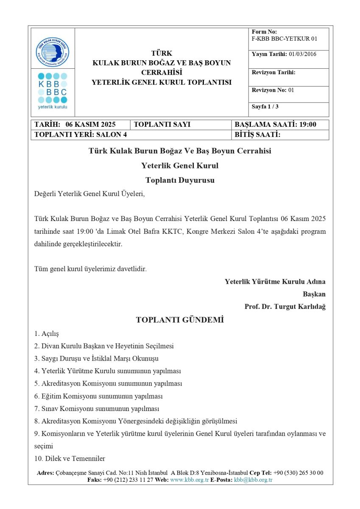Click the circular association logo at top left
(x=53, y=52)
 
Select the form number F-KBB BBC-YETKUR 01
(x=284, y=39)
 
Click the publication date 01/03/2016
(x=302, y=54)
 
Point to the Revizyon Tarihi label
(x=273, y=73)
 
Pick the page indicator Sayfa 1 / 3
(x=265, y=106)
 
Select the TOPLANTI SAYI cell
(x=162, y=125)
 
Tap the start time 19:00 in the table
(x=307, y=125)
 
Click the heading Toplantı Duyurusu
(x=180, y=180)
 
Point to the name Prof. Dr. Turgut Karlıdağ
(x=285, y=306)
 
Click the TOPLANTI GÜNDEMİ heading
(x=180, y=320)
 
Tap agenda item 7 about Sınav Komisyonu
(x=97, y=409)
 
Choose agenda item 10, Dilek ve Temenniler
(x=70, y=459)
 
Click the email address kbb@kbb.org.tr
(x=253, y=480)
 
